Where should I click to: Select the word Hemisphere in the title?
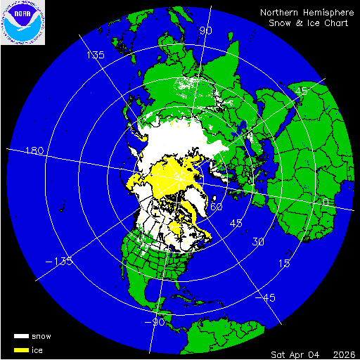point(330,13)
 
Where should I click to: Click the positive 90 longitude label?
point(206,31)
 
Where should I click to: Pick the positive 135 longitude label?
point(95,55)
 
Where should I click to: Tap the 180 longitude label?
point(34,151)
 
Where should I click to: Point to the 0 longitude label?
point(324,202)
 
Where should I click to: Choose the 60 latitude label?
point(217,207)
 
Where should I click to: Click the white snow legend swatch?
point(21,336)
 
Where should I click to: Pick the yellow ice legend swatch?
point(21,349)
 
